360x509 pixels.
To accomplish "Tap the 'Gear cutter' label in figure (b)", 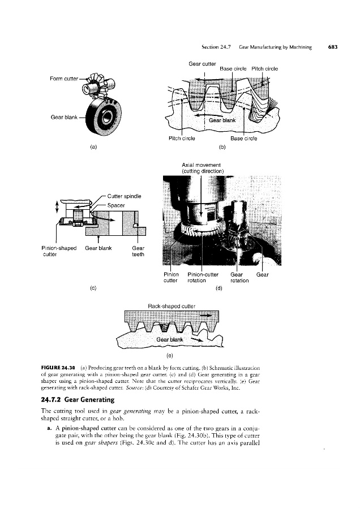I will point(202,63).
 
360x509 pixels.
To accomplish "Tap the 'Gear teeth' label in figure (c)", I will point(139,251).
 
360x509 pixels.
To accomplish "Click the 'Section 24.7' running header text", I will point(213,47).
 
